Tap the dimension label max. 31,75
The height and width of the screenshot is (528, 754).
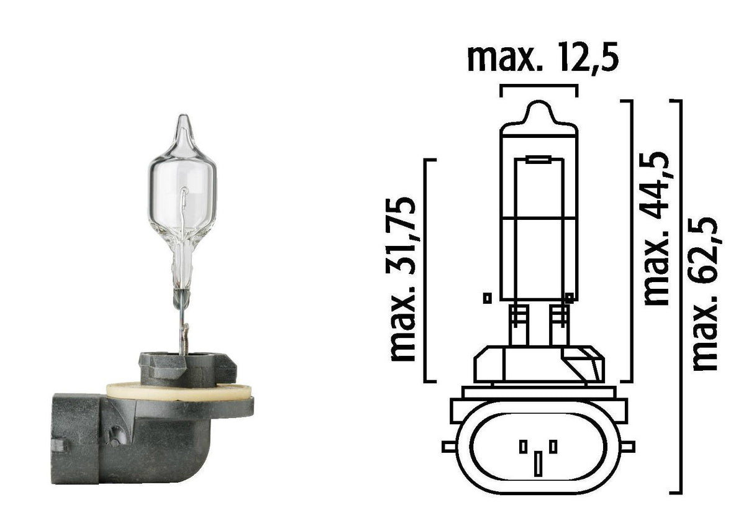[x=403, y=279]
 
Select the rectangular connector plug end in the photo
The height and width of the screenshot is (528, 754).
[x=75, y=437]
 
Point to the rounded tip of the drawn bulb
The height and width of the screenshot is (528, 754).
[x=539, y=112]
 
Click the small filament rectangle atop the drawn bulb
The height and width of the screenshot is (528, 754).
[x=538, y=161]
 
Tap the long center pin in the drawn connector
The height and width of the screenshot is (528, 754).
[x=538, y=463]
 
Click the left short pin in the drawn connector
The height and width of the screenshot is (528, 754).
[x=523, y=446]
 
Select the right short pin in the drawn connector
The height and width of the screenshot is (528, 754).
[x=553, y=446]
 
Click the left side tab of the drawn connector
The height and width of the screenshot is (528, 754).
[x=448, y=446]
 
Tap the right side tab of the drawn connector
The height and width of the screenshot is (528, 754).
[x=628, y=446]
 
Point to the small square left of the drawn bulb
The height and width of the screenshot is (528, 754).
[x=487, y=298]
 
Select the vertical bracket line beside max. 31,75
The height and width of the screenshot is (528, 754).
[x=425, y=270]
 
